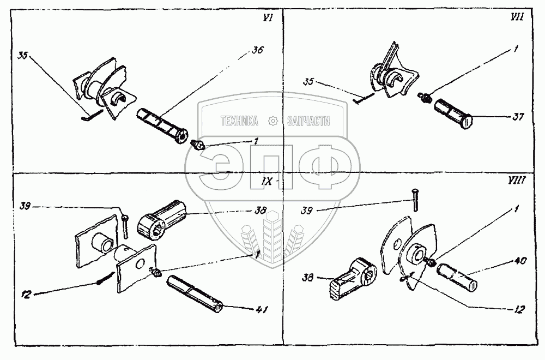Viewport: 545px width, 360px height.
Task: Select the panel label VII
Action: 527,19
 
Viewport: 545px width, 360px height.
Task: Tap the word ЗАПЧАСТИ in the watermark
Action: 308,121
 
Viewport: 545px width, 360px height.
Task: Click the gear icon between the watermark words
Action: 273,121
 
